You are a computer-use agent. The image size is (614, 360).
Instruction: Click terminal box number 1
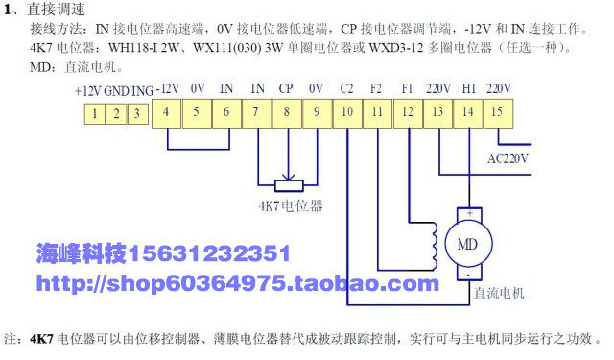point(95,114)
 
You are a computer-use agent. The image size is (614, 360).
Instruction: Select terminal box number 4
point(166,113)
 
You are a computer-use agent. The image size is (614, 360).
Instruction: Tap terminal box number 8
point(287,113)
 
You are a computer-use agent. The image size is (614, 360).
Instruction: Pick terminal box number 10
point(347,113)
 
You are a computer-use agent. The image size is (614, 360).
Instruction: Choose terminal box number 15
point(498,113)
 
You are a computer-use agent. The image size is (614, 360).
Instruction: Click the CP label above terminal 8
point(286,88)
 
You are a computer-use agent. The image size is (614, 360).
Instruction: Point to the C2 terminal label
point(346,88)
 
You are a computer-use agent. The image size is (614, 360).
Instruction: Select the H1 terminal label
point(469,88)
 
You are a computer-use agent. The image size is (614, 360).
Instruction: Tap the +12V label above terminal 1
point(87,91)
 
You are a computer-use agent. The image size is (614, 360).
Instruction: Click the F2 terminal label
point(376,88)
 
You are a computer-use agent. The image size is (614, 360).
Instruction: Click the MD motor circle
point(468,244)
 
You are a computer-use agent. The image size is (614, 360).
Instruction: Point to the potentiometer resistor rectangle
point(289,185)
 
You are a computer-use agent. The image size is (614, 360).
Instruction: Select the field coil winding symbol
point(434,246)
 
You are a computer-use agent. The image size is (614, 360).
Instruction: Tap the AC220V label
point(508,158)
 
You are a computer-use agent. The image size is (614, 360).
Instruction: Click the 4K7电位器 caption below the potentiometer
point(291,205)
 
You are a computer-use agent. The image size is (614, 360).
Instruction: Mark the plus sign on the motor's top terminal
point(469,213)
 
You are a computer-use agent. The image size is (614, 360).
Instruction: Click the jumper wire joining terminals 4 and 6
point(199,149)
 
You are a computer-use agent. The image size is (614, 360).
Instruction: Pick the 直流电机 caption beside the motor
point(499,293)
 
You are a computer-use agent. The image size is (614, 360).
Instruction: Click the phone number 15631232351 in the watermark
point(209,253)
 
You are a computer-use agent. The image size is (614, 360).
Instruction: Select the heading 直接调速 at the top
point(56,10)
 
